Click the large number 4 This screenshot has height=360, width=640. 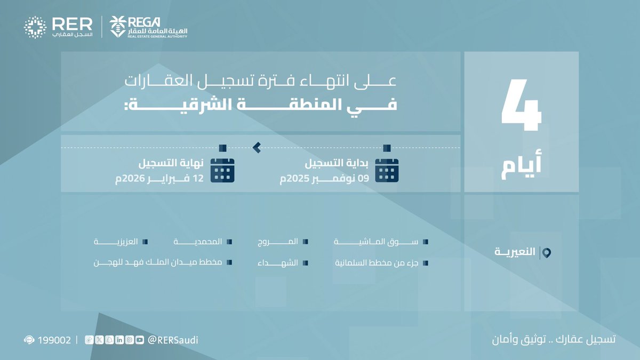coord(521,107)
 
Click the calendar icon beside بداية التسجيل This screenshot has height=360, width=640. coord(387,171)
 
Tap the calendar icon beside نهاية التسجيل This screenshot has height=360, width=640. coord(223,171)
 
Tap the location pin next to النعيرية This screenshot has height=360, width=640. coord(546,252)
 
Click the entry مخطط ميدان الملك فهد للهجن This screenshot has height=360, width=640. coord(158,263)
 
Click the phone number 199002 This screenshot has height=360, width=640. coord(54,340)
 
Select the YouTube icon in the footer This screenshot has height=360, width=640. coord(139,340)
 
